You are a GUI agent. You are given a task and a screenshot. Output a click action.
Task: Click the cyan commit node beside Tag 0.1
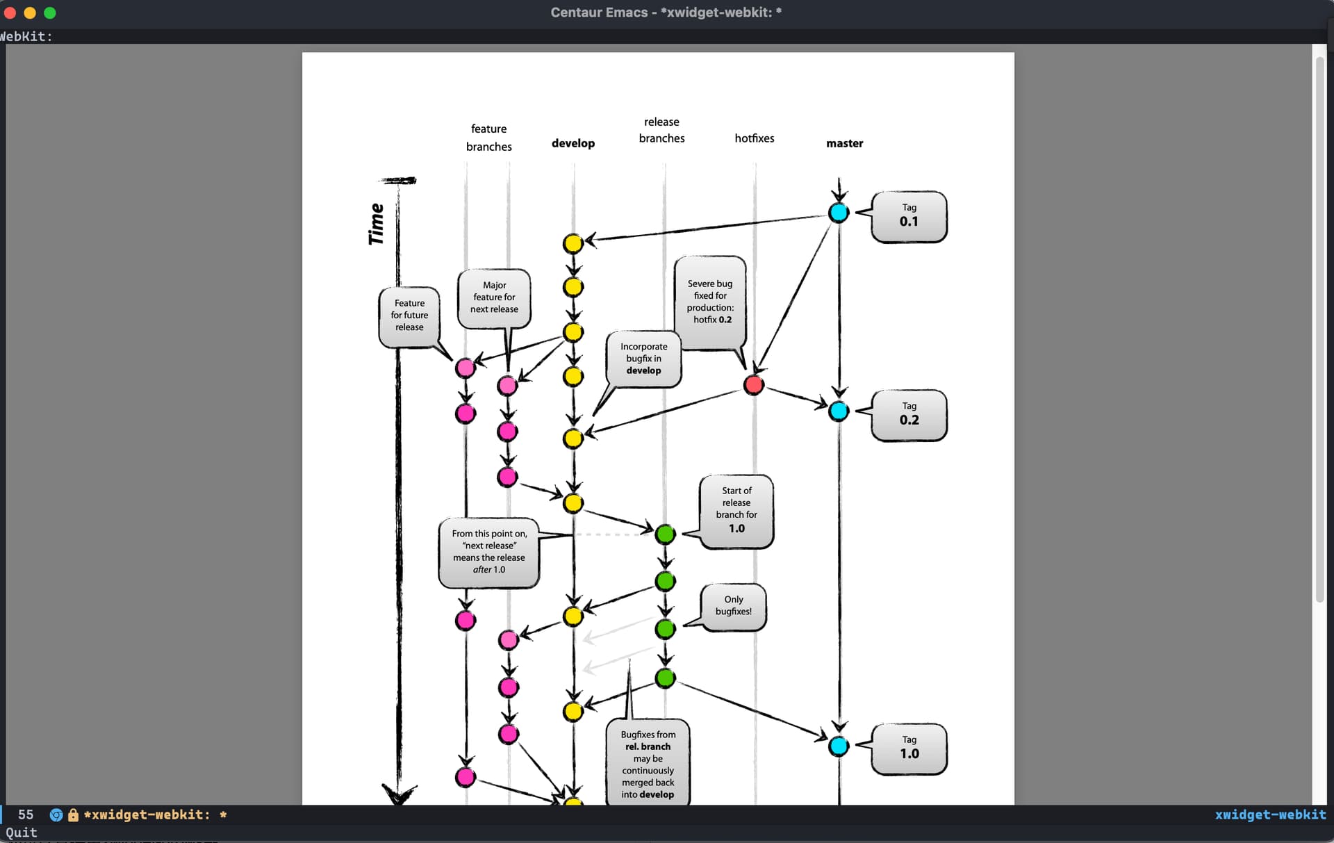[x=839, y=213]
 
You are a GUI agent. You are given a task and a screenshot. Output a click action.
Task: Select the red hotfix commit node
[x=754, y=384]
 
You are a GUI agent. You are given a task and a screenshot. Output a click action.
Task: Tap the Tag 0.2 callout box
[x=909, y=415]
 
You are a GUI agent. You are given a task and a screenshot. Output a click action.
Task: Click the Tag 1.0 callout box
[x=909, y=748]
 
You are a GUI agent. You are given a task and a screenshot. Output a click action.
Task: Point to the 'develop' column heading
[x=573, y=143]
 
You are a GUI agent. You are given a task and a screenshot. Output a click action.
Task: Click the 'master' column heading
[x=845, y=143]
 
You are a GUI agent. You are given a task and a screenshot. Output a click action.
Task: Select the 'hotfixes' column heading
[x=755, y=138]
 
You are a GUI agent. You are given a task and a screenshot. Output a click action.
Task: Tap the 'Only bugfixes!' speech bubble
[x=734, y=607]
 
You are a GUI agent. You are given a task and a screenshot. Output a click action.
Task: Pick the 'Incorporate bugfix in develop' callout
[x=643, y=359]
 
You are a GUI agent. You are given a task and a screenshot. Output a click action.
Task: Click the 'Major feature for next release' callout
[x=494, y=297]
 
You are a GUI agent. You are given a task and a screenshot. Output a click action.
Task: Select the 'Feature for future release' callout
[x=409, y=316]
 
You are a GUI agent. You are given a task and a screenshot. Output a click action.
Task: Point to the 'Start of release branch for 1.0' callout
[x=736, y=511]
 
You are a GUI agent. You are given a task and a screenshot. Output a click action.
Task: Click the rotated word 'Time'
[x=376, y=224]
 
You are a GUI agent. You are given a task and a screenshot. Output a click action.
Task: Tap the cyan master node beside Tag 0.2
[x=839, y=411]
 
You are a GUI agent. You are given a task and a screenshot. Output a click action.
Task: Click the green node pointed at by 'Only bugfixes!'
[x=665, y=628]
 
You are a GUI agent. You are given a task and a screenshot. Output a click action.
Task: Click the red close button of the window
[x=10, y=13]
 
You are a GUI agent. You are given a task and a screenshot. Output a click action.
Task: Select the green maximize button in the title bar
[x=50, y=13]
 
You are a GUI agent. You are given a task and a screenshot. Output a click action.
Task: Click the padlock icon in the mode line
[x=73, y=815]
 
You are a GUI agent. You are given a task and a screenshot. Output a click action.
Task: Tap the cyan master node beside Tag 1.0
[x=839, y=746]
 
